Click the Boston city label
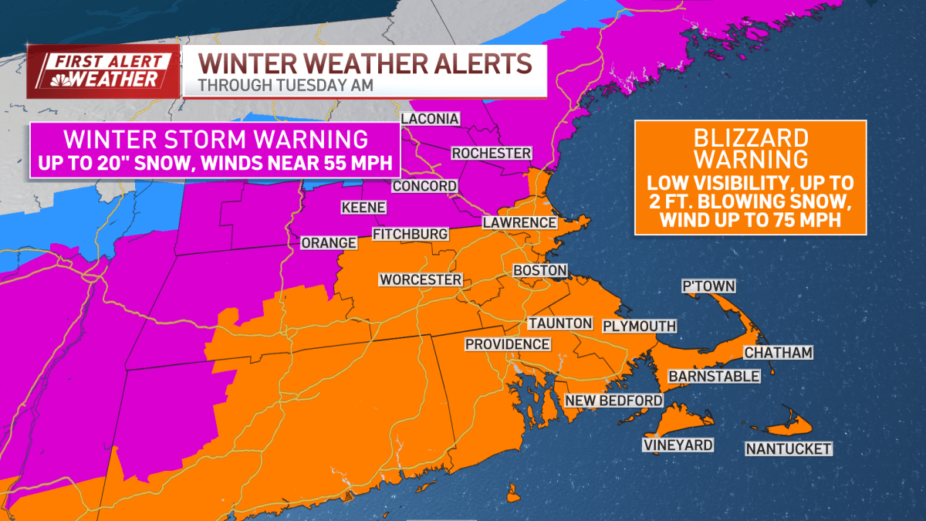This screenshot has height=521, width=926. (x=540, y=271)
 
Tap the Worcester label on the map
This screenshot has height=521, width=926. (x=420, y=279)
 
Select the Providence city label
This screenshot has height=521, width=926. (x=508, y=344)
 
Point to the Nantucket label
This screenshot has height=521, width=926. (x=788, y=448)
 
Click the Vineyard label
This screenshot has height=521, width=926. (x=678, y=445)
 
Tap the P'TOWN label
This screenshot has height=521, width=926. (x=708, y=286)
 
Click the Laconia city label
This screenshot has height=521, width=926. (x=430, y=119)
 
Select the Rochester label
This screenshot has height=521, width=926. (x=492, y=153)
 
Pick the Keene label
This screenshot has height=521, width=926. (x=363, y=208)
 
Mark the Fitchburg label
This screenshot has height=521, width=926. (x=410, y=234)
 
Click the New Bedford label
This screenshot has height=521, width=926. (x=613, y=400)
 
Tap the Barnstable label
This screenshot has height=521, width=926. (x=714, y=376)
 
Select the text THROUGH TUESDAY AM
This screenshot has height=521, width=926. (x=286, y=85)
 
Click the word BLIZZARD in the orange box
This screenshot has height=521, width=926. (x=750, y=138)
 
